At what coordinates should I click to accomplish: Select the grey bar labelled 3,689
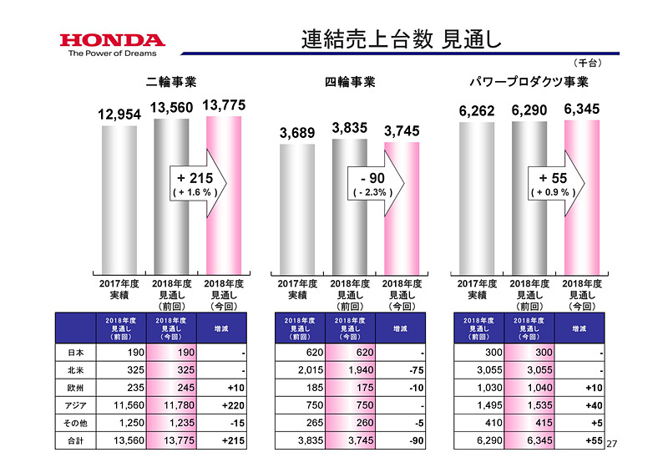(297, 209)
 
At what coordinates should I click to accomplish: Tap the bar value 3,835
(350, 127)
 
